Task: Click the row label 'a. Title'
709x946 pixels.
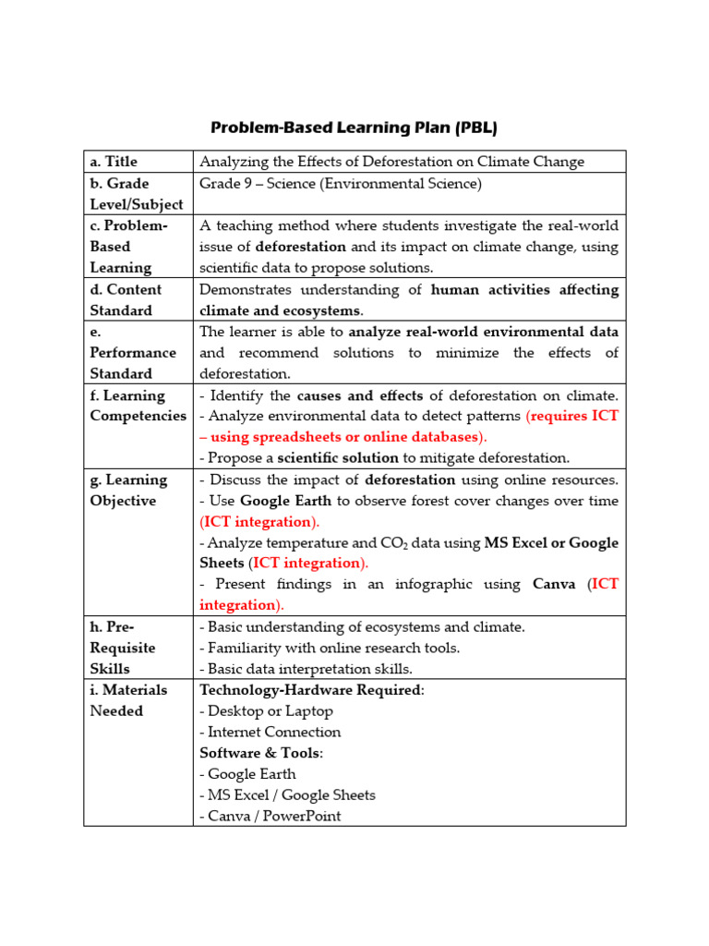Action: click(x=114, y=162)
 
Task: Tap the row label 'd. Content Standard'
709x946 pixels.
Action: click(x=126, y=299)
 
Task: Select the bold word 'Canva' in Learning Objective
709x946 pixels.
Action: click(x=554, y=584)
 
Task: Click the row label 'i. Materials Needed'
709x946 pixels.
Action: click(x=128, y=700)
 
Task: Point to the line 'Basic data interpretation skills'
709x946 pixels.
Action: click(x=309, y=668)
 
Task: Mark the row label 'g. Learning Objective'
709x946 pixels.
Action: click(x=128, y=490)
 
